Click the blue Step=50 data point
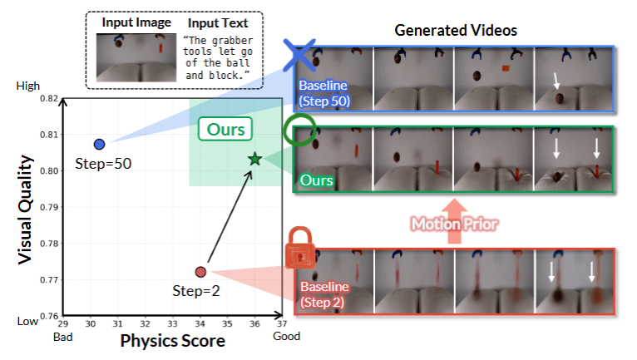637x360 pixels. click(99, 145)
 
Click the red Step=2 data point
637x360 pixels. click(200, 272)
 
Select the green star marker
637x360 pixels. click(254, 158)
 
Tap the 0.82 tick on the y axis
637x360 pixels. click(48, 98)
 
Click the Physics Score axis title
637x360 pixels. click(173, 341)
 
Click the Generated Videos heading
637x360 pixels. click(456, 30)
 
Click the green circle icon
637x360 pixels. click(299, 131)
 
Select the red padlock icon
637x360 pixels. click(299, 249)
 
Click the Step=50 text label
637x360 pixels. click(103, 164)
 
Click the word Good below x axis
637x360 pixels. click(287, 337)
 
